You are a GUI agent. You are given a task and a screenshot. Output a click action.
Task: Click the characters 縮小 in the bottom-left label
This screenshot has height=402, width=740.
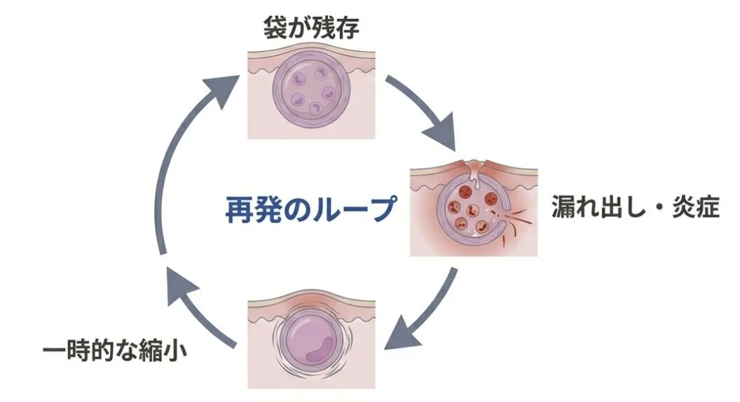[x=166, y=348]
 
